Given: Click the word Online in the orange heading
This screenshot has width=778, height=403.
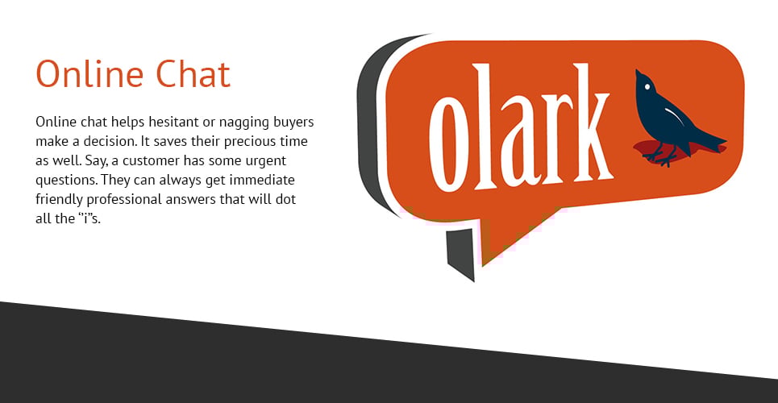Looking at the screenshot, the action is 89,74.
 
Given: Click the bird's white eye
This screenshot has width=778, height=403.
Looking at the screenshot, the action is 647,87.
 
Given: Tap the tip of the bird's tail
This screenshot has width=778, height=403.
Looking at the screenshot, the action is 726,140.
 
